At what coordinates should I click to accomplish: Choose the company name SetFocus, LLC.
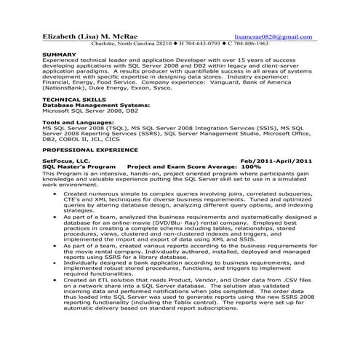66,161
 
